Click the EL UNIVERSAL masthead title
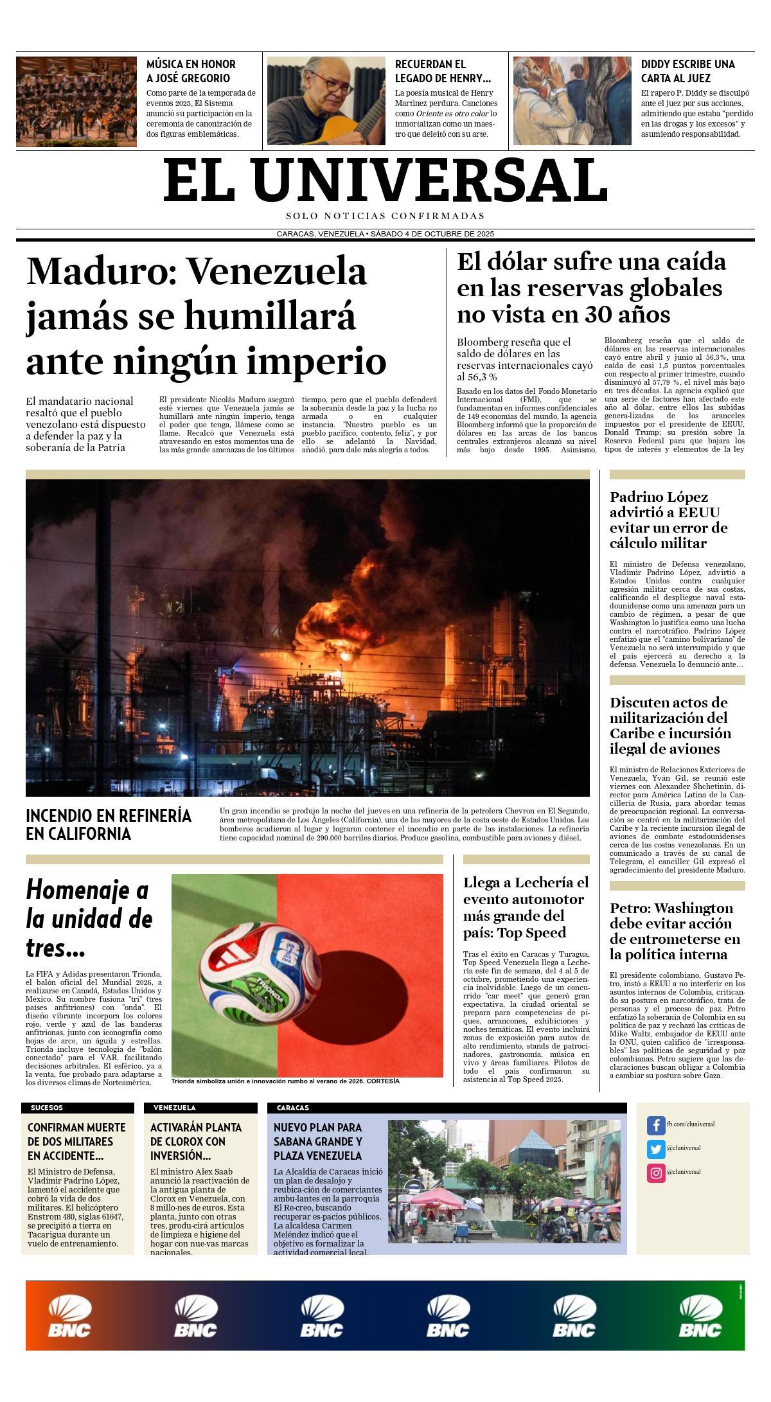point(385,181)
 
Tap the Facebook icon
point(655,1125)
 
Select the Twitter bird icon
point(655,1149)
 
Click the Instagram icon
point(655,1173)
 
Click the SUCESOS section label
point(47,1108)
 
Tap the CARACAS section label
point(292,1108)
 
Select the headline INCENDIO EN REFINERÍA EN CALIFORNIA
point(109,824)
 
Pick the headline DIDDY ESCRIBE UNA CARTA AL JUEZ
point(687,71)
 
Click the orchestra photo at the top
point(76,102)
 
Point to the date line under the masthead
point(385,234)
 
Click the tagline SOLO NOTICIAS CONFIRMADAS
point(385,216)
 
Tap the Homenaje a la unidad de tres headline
point(89,918)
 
